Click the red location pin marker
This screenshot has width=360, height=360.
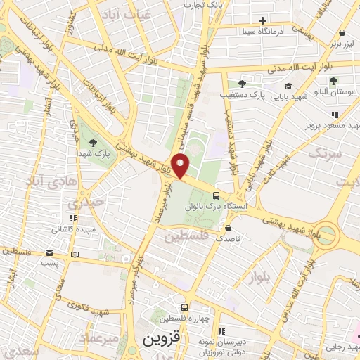tap(181, 165)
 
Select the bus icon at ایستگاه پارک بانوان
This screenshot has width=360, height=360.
tap(217, 195)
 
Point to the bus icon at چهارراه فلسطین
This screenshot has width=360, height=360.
tap(184, 307)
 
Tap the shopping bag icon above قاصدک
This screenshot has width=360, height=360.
tap(229, 228)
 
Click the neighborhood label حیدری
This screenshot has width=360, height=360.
tap(84, 202)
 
